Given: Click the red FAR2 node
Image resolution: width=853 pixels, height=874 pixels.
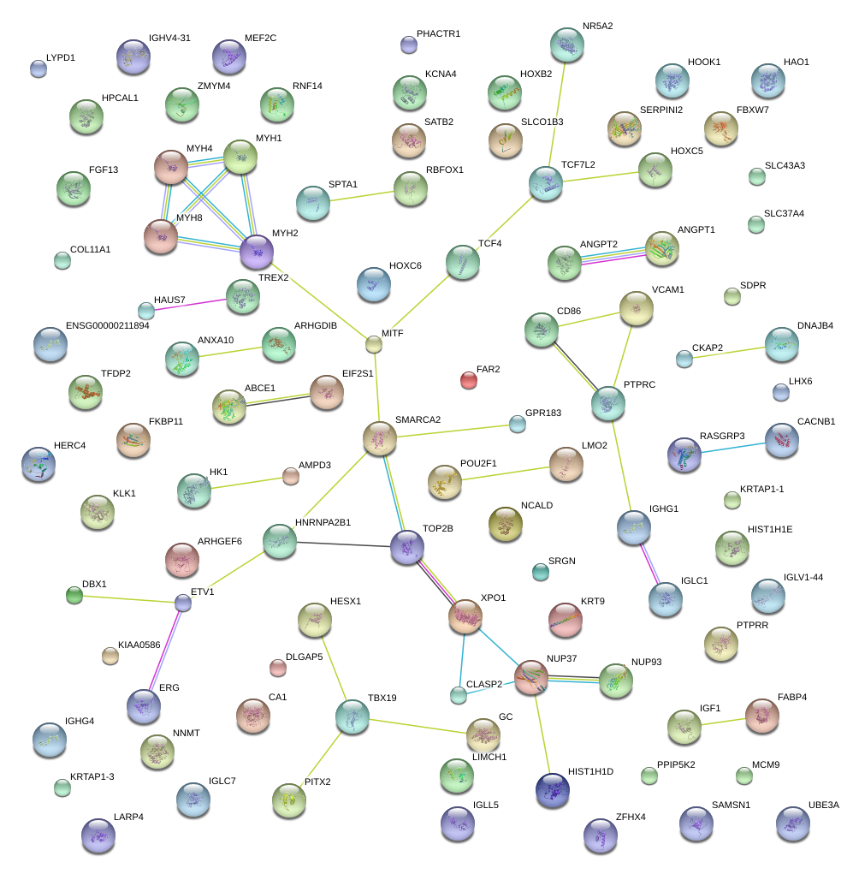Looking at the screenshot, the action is click(x=468, y=379).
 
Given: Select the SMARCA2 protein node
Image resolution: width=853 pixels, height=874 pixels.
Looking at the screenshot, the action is click(x=380, y=438).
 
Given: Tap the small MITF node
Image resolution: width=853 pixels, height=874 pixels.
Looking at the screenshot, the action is click(x=374, y=344).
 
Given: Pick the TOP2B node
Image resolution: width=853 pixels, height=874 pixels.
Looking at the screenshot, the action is click(x=407, y=547).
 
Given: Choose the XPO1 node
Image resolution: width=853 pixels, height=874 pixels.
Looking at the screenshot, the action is click(x=465, y=616).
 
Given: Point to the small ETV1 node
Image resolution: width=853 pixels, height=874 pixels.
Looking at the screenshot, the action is click(x=183, y=603).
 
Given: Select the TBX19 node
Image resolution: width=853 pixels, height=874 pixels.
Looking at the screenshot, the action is click(x=352, y=716).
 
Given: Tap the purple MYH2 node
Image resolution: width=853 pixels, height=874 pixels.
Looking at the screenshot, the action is click(x=257, y=252).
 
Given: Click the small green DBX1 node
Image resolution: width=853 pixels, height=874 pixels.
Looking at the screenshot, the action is click(x=74, y=596).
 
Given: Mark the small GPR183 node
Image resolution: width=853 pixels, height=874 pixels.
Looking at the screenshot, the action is click(x=517, y=423).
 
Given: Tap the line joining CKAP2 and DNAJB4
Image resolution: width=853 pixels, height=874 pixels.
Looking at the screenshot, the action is click(x=732, y=352).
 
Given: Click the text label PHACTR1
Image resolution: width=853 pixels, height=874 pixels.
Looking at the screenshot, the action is click(x=438, y=34).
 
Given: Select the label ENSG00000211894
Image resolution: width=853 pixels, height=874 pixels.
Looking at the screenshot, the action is click(x=107, y=326).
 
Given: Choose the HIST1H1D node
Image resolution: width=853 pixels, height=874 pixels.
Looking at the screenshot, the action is click(x=553, y=789).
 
